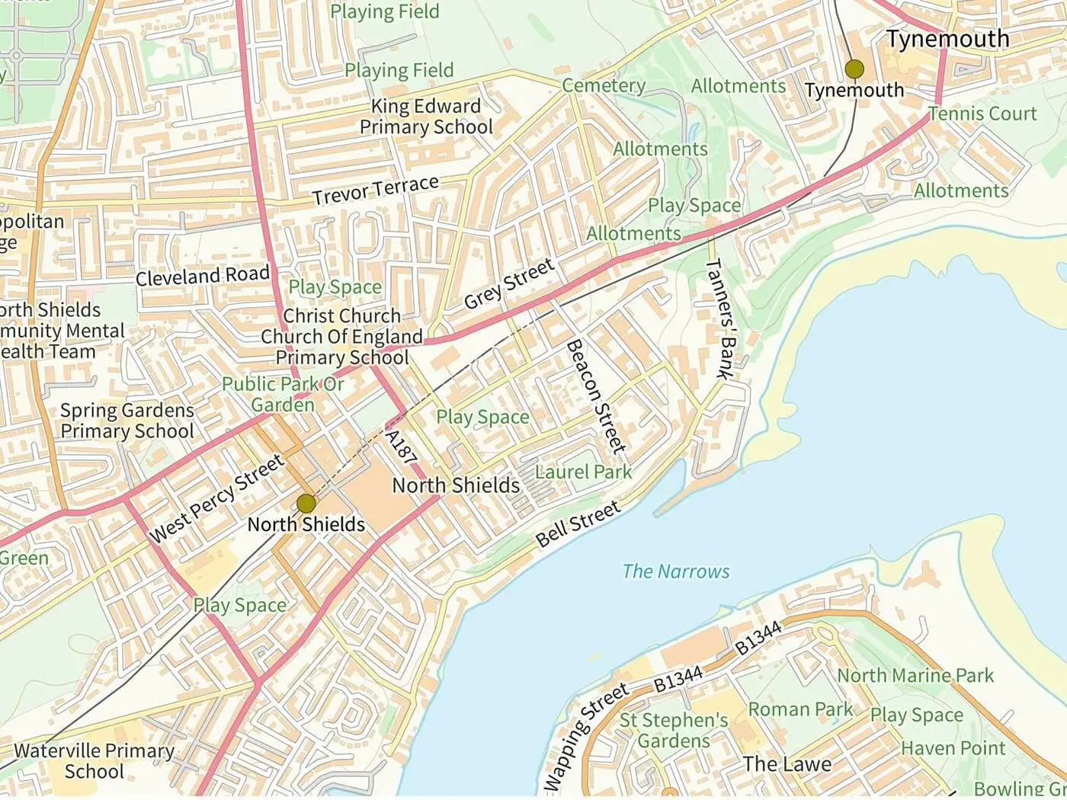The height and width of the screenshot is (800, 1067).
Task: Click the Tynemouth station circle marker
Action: tap(854, 69)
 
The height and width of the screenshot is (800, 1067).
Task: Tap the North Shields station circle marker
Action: tap(306, 503)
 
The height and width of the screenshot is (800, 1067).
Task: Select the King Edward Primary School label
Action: tap(426, 117)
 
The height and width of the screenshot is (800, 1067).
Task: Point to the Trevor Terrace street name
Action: tap(375, 190)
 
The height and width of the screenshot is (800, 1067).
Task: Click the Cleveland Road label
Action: tap(203, 276)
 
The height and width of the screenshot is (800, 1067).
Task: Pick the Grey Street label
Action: tap(508, 284)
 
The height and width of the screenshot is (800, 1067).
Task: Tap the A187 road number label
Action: tap(401, 447)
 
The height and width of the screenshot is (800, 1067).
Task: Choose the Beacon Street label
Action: tap(597, 396)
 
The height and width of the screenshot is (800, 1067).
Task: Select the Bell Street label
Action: tap(578, 524)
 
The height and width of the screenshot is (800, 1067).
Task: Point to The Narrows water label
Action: tap(675, 571)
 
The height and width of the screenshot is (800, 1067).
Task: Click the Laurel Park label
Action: tap(583, 472)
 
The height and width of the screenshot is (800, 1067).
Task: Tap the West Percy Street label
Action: tap(216, 498)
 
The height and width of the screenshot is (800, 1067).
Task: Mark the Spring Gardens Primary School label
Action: tap(127, 421)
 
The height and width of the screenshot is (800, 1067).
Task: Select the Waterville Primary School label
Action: tap(94, 760)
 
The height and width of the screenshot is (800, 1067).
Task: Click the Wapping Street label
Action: tap(585, 738)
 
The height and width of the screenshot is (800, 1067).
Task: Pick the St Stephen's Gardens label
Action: tap(674, 730)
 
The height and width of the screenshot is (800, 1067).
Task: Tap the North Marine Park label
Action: tap(915, 676)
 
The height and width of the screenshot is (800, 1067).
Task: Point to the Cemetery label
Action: tap(604, 85)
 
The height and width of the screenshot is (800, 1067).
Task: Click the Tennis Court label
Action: tap(982, 114)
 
